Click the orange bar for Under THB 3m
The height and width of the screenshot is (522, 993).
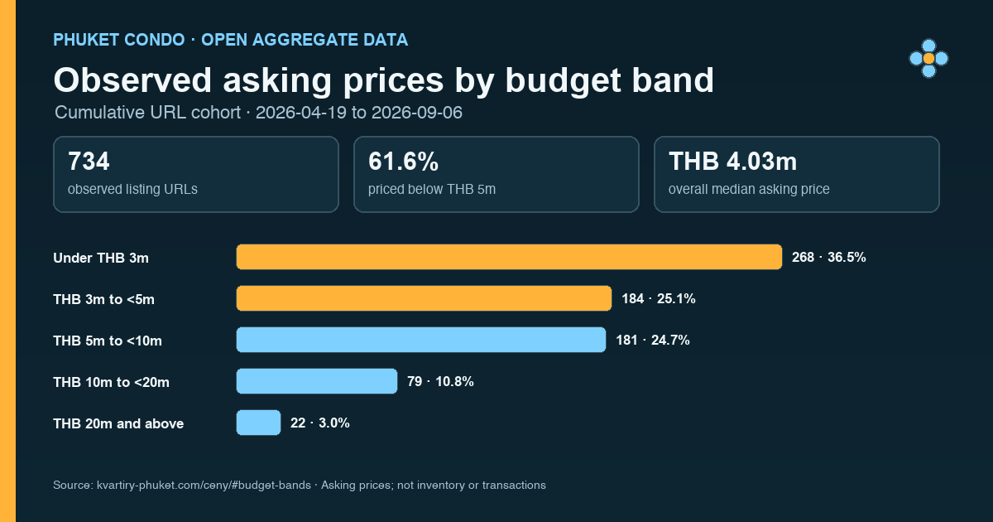point(509,257)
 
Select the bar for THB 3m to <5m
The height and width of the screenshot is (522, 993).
point(424,298)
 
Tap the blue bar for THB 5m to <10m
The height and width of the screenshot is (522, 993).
point(421,340)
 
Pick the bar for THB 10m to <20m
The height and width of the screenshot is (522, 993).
point(317,381)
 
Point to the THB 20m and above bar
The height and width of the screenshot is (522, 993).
point(258,423)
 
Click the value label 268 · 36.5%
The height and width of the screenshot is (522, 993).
point(828,257)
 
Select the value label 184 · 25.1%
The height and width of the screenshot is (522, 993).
point(659,299)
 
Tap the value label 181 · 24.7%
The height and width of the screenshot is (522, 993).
point(653,340)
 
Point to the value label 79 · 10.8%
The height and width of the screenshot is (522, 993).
point(440,381)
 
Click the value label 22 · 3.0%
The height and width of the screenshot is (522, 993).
point(319,423)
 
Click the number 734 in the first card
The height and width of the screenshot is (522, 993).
point(89,161)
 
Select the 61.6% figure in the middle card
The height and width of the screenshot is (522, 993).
point(404,161)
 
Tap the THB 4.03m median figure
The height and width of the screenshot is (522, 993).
point(733,161)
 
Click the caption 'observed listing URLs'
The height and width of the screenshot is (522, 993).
point(132,189)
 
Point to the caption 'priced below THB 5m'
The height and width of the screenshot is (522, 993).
point(432,189)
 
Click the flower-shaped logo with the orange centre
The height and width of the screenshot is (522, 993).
point(928,58)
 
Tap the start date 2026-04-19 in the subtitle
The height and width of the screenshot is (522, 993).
point(301,113)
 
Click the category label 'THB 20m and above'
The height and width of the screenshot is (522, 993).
point(118,423)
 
